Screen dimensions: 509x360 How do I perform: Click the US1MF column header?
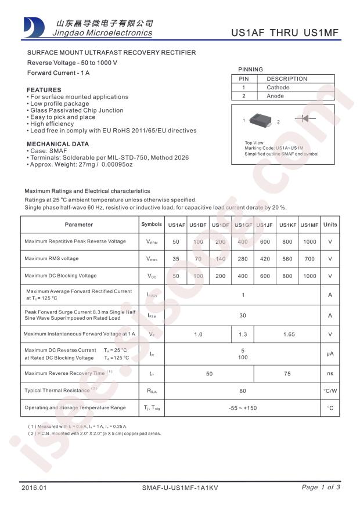309,225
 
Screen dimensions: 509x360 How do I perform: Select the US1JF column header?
265,225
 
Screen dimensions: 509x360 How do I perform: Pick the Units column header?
330,225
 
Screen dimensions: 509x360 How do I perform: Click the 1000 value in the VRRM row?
309,242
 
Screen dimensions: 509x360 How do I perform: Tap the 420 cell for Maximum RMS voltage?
265,259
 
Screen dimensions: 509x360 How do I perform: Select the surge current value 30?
243,315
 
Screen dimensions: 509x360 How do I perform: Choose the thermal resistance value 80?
243,391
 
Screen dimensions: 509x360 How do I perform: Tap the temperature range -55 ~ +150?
243,408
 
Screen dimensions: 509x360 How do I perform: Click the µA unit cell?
330,353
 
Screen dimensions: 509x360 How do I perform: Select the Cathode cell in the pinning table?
278,88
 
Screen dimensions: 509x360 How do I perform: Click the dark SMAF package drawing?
260,121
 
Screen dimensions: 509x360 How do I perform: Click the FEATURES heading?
44,90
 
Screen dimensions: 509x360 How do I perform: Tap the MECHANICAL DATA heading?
58,144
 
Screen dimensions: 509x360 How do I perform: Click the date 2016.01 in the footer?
33,488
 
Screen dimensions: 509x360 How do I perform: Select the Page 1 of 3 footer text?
321,487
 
